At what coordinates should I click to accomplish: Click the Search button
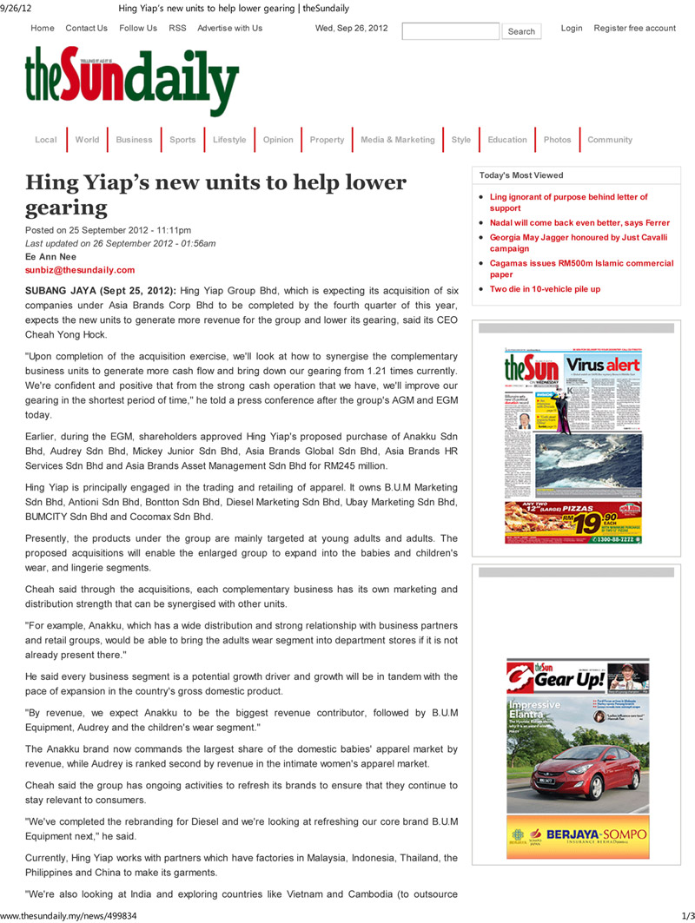coord(521,31)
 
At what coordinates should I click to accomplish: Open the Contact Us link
coord(86,28)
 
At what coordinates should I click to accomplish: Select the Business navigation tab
coord(134,140)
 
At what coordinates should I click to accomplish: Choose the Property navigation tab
coord(327,140)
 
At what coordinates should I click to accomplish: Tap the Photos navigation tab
coord(557,140)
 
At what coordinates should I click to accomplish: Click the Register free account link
coord(634,28)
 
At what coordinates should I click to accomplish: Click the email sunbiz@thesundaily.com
coord(80,270)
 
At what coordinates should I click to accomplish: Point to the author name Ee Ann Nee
coord(50,257)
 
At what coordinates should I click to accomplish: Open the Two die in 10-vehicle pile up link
coord(545,289)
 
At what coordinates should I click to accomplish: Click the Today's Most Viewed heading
coord(521,175)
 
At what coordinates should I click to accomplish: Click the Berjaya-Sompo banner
coord(578,837)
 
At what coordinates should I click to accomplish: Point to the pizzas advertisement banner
coord(573,523)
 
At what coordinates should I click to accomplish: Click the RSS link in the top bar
coord(177,28)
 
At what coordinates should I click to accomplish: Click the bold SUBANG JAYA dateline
coord(100,290)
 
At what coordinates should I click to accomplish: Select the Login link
coord(572,28)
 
